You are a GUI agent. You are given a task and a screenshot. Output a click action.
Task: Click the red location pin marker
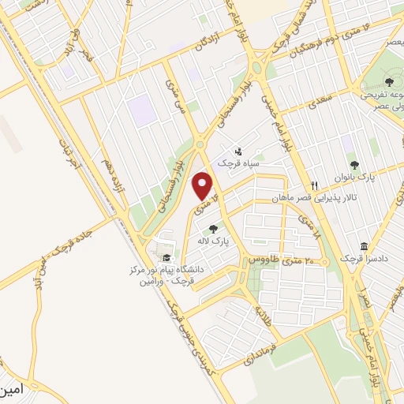[203, 187]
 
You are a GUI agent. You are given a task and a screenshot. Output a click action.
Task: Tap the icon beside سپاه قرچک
[238, 151]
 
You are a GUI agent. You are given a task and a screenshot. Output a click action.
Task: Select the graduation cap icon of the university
[166, 257]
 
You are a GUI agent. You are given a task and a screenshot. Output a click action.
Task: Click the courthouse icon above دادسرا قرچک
[362, 246]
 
